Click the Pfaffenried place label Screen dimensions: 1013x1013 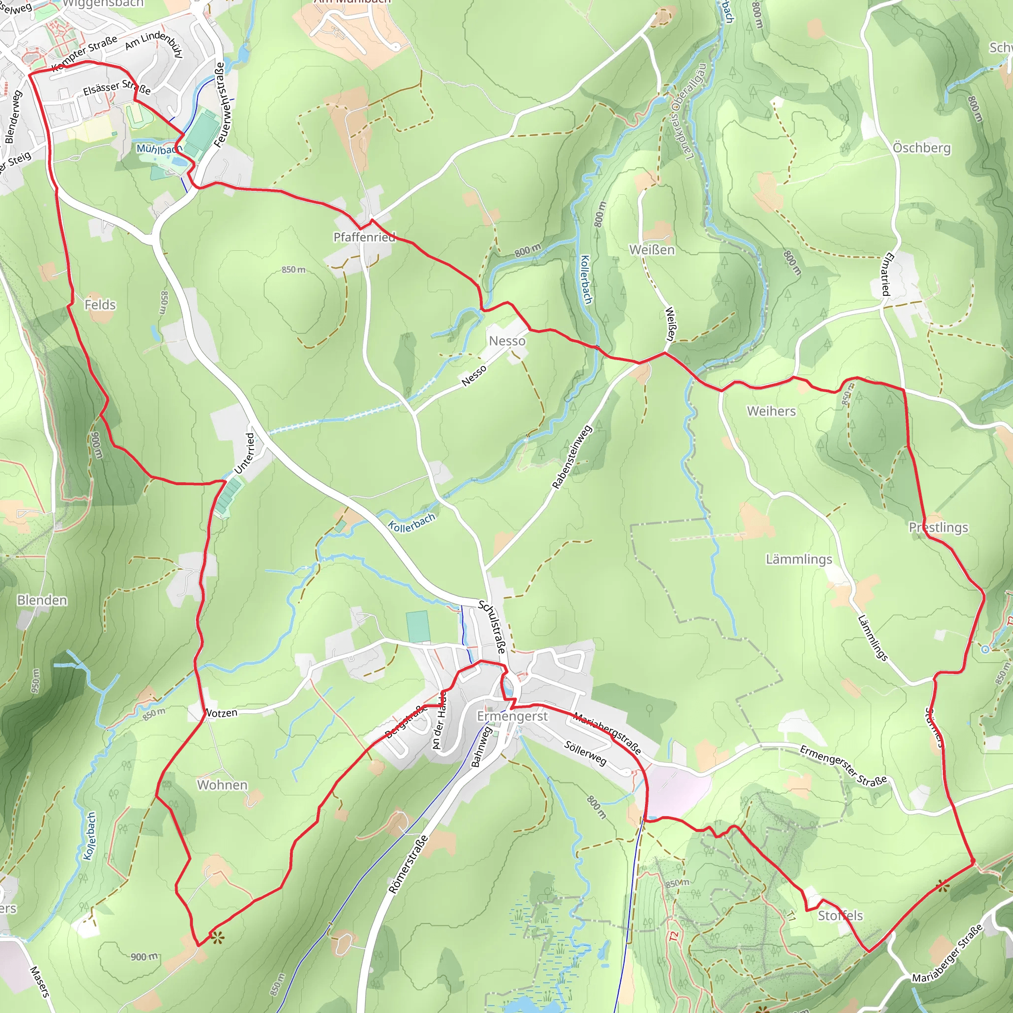pyautogui.click(x=365, y=237)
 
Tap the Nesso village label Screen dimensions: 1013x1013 pyautogui.click(x=507, y=341)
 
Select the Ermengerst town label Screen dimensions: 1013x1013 pyautogui.click(x=512, y=716)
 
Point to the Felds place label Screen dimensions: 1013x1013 pyautogui.click(x=99, y=305)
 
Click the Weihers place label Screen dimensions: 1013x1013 pyautogui.click(x=771, y=411)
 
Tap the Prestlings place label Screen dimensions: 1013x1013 pyautogui.click(x=938, y=527)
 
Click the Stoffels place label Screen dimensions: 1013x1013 pyautogui.click(x=840, y=916)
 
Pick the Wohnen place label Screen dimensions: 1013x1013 pyautogui.click(x=222, y=785)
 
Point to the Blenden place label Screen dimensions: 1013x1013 pyautogui.click(x=42, y=600)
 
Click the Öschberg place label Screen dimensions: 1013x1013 pyautogui.click(x=922, y=148)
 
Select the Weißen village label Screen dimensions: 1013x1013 pyautogui.click(x=652, y=250)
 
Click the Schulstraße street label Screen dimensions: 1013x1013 pyautogui.click(x=492, y=627)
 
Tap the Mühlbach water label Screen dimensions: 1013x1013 pyautogui.click(x=159, y=149)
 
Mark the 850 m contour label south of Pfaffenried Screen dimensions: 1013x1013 pyautogui.click(x=293, y=270)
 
